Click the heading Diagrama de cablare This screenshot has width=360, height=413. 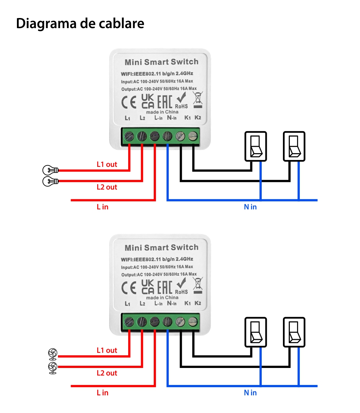click(80, 23)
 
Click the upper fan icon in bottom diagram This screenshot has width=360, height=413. click(53, 354)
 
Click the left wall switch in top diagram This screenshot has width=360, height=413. click(256, 146)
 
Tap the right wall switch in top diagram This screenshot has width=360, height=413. click(294, 146)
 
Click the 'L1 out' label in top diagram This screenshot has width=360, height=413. click(107, 164)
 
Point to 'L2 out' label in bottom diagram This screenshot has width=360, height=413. click(107, 373)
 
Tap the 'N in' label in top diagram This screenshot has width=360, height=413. click(250, 207)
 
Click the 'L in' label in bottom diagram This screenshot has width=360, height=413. click(102, 393)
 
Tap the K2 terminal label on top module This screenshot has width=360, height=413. click(198, 117)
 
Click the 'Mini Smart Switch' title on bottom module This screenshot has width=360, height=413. click(161, 248)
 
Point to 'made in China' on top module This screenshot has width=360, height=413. click(162, 112)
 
